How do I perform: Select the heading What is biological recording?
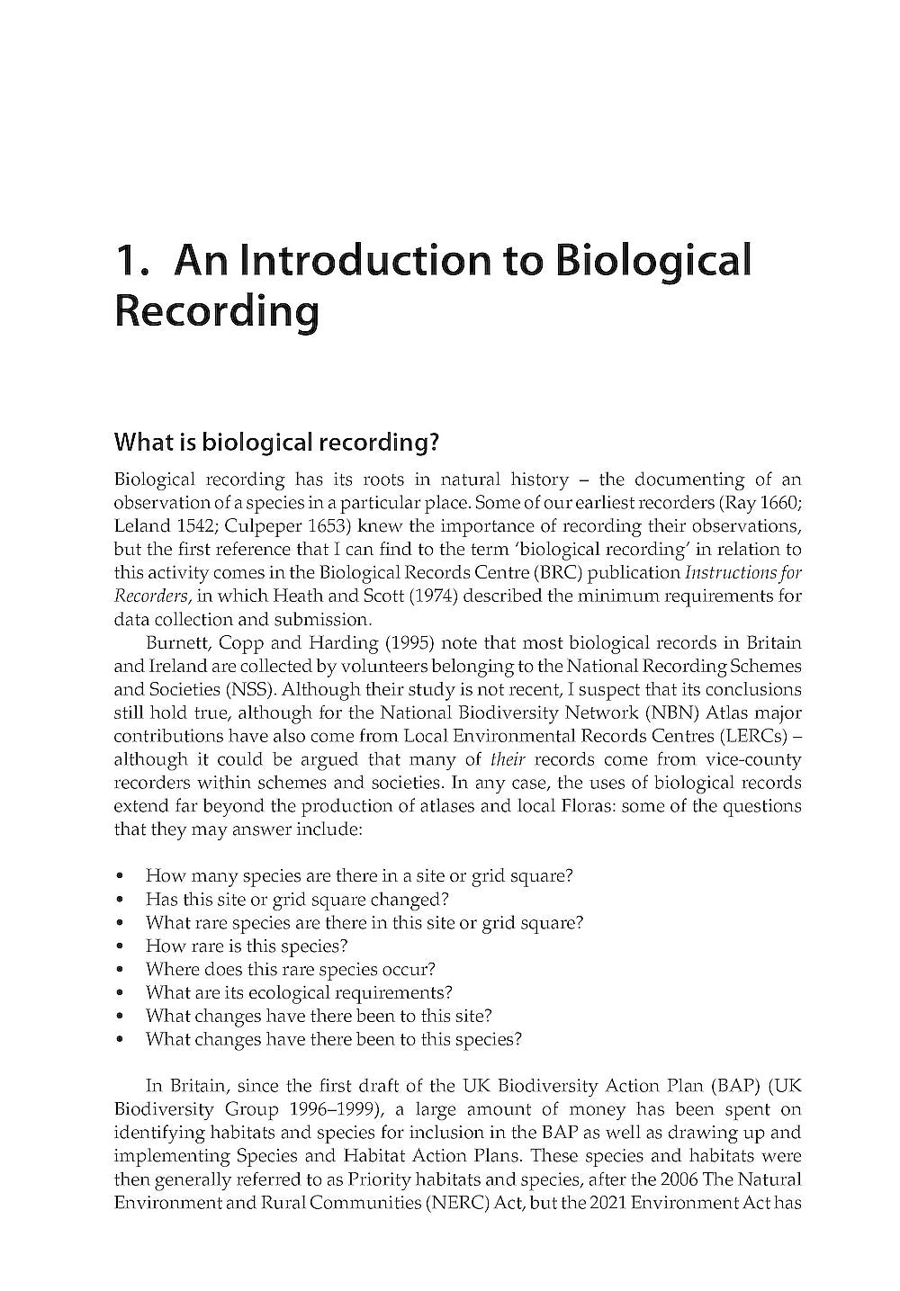click(x=275, y=443)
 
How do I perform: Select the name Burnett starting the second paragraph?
click(x=177, y=642)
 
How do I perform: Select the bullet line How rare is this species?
click(x=246, y=946)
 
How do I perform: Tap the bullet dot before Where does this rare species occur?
click(x=121, y=970)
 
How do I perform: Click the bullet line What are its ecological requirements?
click(x=298, y=992)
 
